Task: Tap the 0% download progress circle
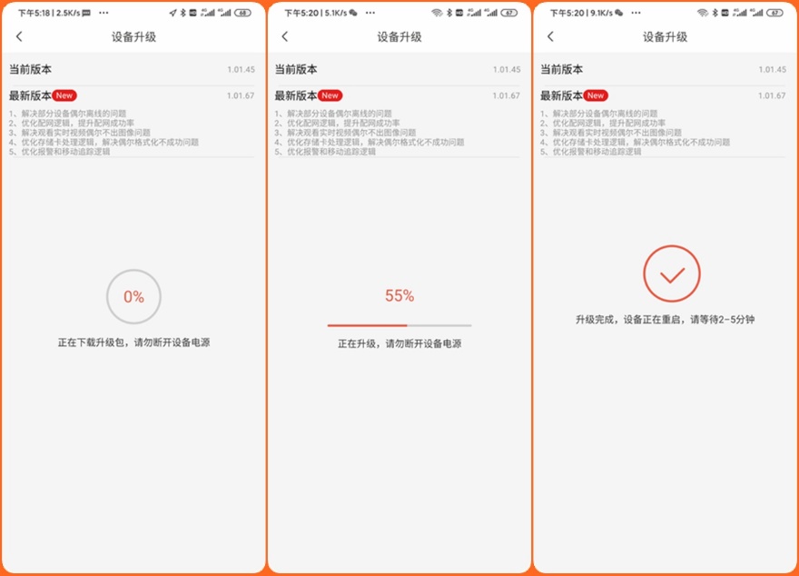[x=133, y=296]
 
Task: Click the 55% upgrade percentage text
[x=399, y=296]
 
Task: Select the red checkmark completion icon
[x=672, y=273]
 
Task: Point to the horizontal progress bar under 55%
[x=399, y=324]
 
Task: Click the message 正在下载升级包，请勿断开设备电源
[x=133, y=343]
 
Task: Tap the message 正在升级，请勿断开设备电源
[x=399, y=344]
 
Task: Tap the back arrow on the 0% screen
[x=20, y=36]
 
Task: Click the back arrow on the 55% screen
[x=285, y=36]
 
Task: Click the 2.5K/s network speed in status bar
[x=68, y=13]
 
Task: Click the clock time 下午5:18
[x=34, y=13]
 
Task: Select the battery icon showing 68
[x=242, y=13]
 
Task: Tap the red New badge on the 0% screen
[x=64, y=95]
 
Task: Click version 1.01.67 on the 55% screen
[x=506, y=95]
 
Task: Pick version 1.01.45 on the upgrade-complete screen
[x=772, y=69]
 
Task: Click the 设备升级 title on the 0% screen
[x=133, y=37]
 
